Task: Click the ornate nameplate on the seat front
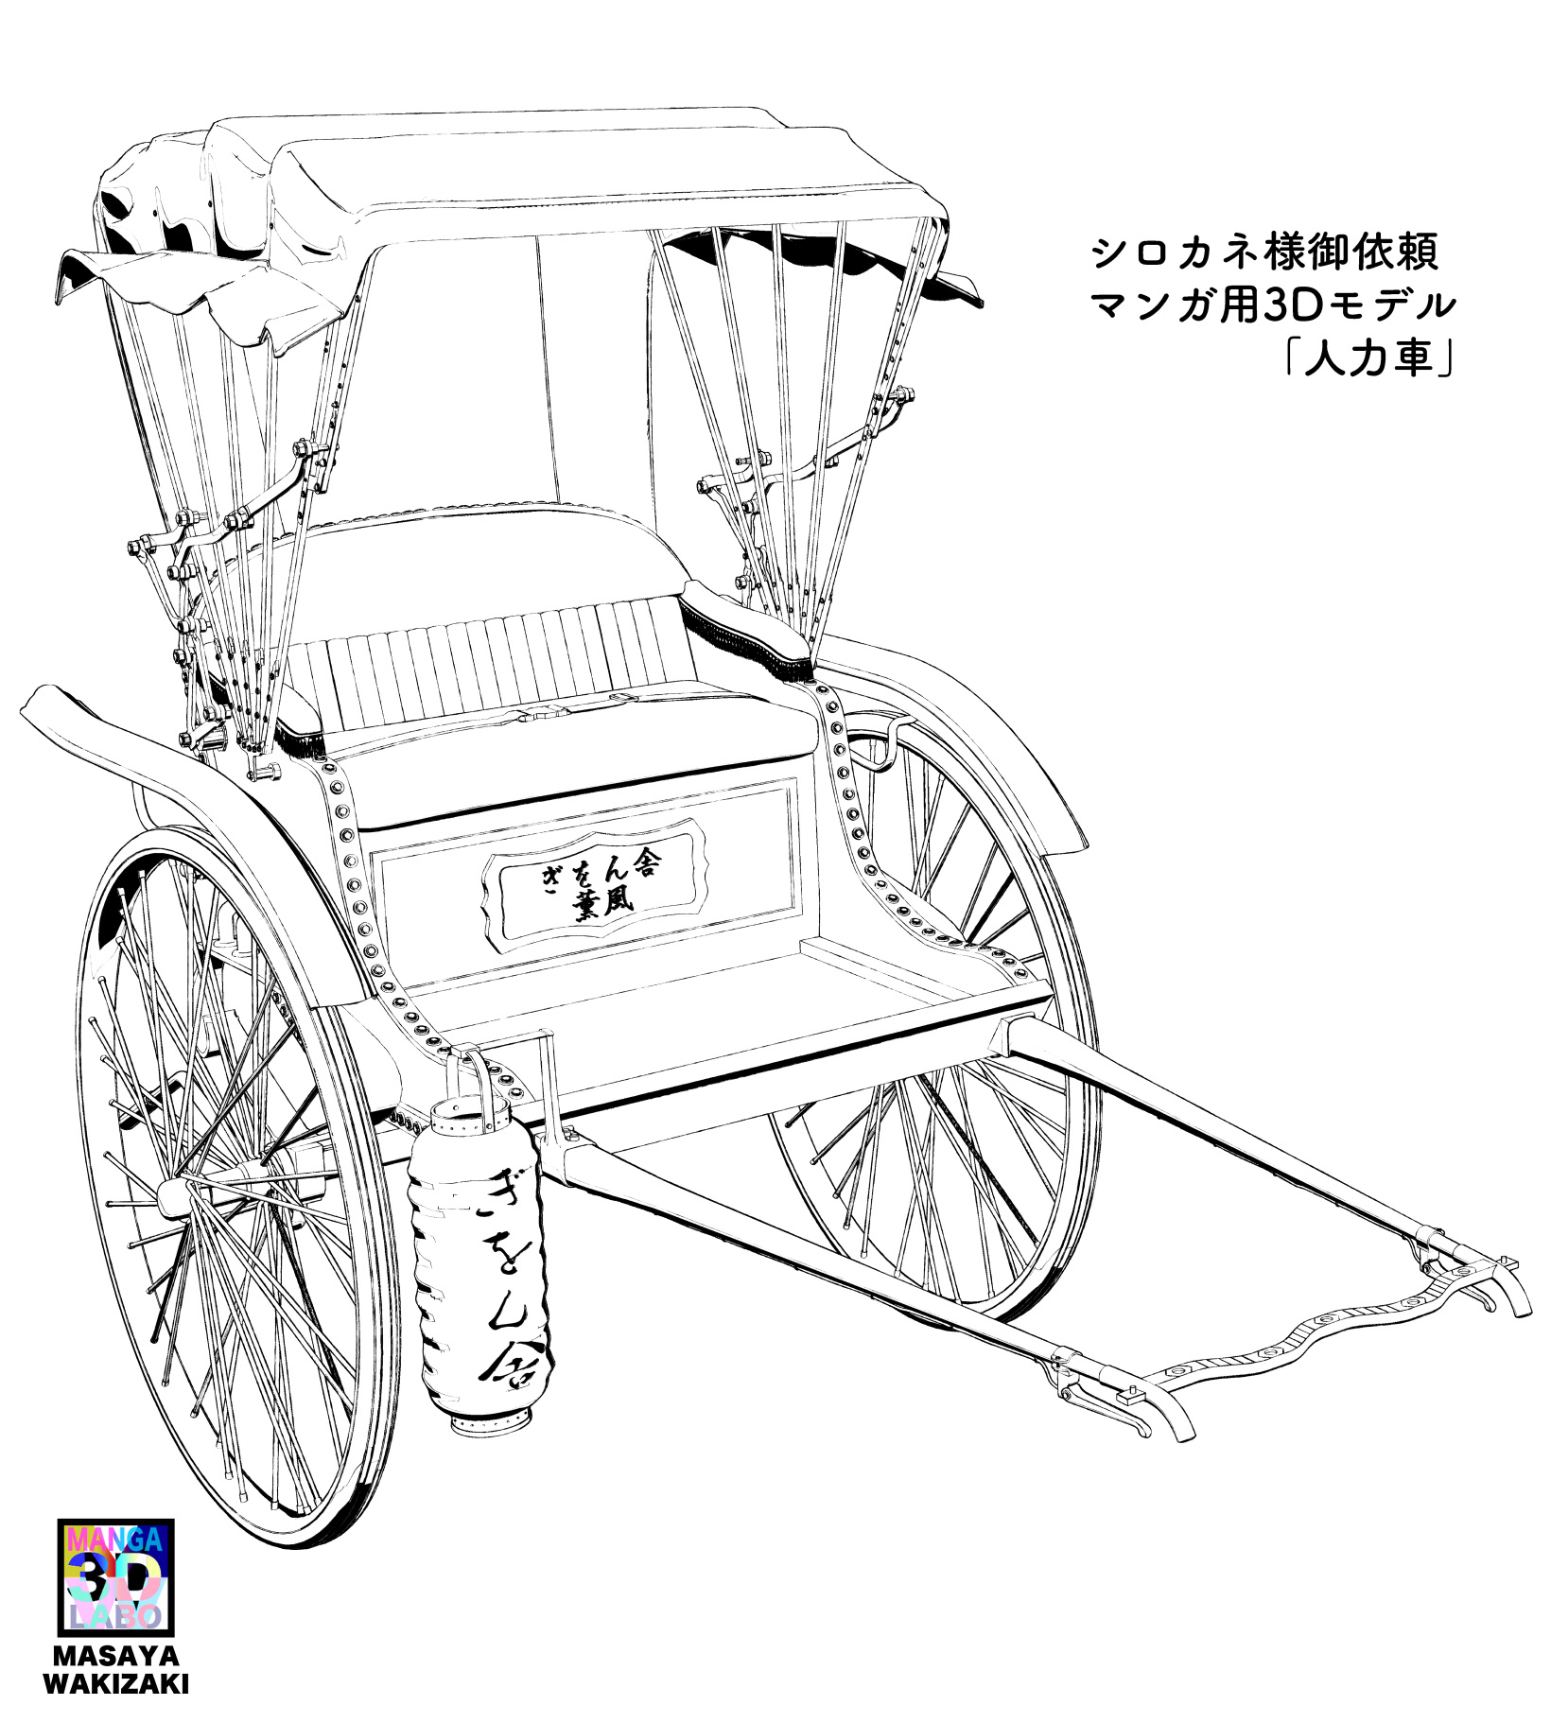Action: pyautogui.click(x=596, y=879)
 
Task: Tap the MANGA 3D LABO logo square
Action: pyautogui.click(x=115, y=1575)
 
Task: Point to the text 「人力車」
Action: pyautogui.click(x=1368, y=358)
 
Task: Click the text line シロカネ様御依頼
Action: pyautogui.click(x=1264, y=252)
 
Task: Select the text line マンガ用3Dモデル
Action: pyautogui.click(x=1272, y=305)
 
